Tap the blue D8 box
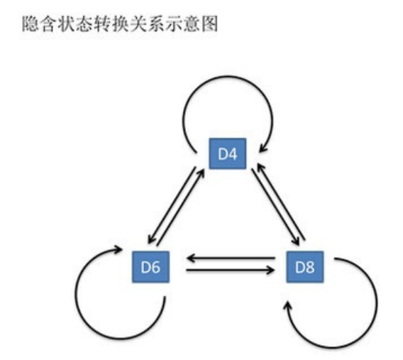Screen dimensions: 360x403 pos(304,268)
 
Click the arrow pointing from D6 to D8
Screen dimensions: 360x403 pos(231,271)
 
